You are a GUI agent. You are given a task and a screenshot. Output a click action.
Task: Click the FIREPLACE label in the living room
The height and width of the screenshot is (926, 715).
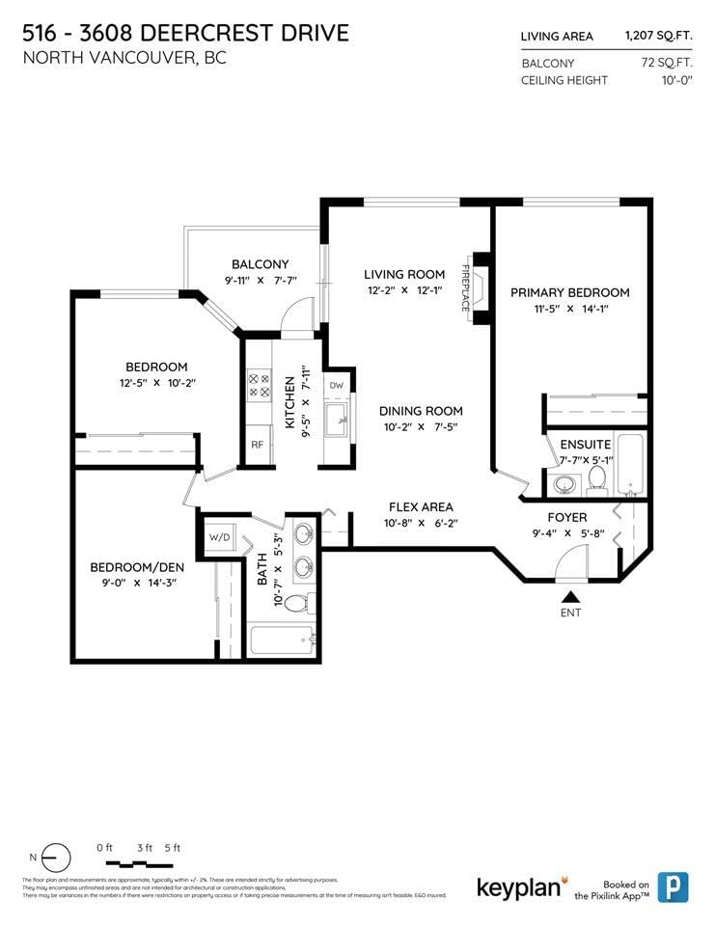click(x=465, y=287)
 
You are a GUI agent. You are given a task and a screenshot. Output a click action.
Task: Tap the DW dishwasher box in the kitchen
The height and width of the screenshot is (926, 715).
click(x=336, y=385)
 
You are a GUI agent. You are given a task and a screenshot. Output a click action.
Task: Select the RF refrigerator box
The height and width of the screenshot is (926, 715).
click(x=258, y=445)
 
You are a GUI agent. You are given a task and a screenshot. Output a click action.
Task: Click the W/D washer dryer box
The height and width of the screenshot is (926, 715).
click(x=219, y=536)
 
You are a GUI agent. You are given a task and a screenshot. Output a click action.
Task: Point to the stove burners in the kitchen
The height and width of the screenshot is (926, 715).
click(x=261, y=386)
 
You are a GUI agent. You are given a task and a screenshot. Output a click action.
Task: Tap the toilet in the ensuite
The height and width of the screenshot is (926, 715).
click(x=596, y=477)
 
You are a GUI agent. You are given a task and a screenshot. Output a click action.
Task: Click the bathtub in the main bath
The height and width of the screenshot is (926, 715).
click(x=282, y=640)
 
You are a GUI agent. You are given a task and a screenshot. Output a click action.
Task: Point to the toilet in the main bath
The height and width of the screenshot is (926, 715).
click(x=298, y=603)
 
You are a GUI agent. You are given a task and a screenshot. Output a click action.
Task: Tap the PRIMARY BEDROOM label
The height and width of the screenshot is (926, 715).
click(x=569, y=292)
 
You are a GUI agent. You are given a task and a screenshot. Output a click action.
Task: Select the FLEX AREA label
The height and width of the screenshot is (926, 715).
click(x=421, y=506)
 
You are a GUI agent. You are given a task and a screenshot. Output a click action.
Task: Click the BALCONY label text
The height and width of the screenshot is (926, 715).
click(x=260, y=264)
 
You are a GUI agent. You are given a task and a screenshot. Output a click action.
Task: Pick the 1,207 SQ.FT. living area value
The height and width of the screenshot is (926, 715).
click(x=658, y=37)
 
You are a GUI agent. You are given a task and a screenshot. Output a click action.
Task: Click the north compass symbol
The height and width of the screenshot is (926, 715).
click(x=56, y=857)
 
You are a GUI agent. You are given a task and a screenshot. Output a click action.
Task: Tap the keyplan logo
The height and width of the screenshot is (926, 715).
click(x=519, y=886)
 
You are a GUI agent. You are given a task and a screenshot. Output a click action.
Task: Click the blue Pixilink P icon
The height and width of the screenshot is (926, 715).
click(x=673, y=886)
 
